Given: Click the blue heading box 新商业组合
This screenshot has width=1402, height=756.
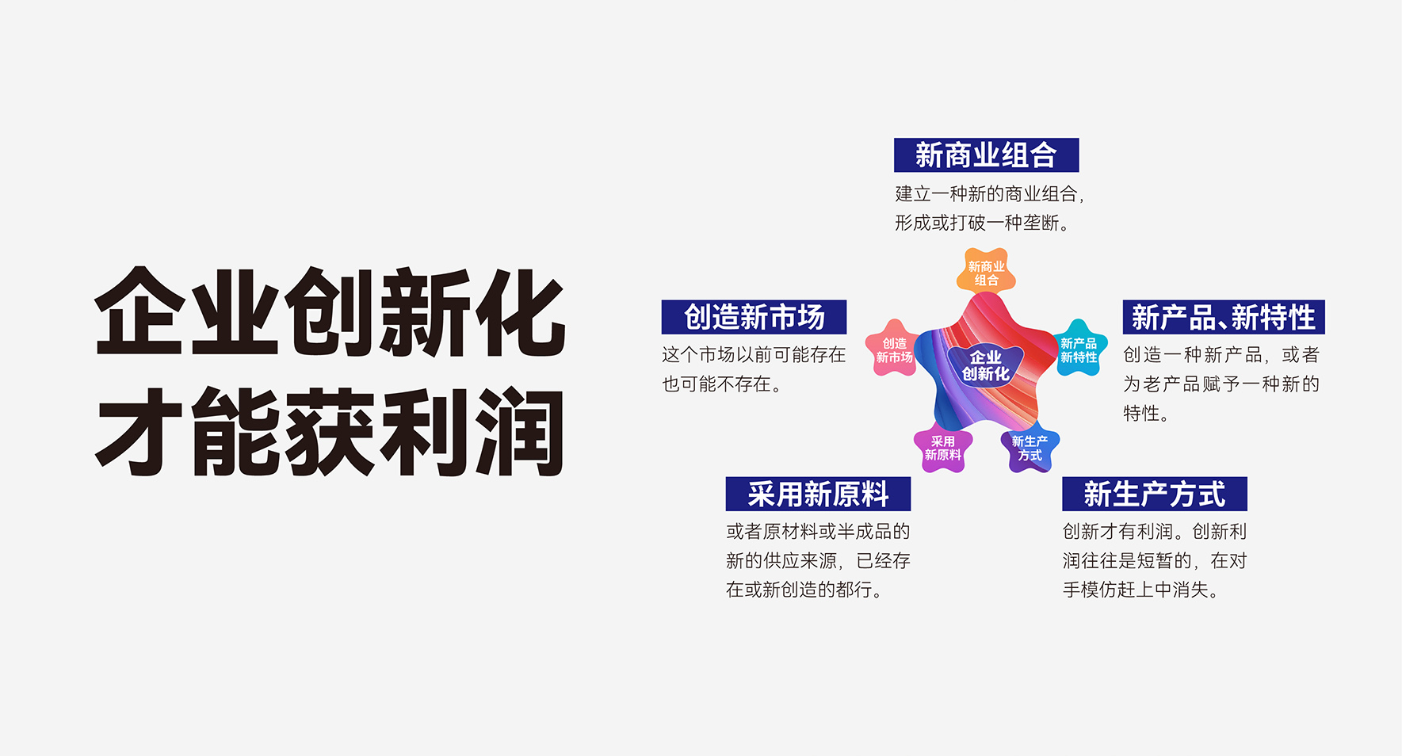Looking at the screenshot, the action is tap(986, 155).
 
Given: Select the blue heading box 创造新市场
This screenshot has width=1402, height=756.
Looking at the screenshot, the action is tap(754, 317).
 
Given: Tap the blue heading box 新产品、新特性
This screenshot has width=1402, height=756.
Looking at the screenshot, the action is tap(1224, 317).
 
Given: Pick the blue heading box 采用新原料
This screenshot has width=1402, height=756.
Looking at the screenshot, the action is tap(818, 494).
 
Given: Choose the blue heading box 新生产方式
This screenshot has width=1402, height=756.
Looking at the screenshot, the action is tap(1155, 494).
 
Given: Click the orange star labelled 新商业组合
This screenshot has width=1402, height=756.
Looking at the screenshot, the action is tap(986, 273).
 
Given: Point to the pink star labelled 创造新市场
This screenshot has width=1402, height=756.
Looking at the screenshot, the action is tap(894, 349).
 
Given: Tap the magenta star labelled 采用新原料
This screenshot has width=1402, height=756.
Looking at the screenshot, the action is tap(942, 449).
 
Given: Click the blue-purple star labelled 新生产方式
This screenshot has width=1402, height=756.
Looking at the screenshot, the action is tap(1030, 449).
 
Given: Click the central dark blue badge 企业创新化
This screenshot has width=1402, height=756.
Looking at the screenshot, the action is tap(986, 365).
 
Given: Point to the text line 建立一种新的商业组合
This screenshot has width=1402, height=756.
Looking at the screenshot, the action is tap(989, 194).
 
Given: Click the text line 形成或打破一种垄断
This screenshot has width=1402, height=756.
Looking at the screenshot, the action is tap(982, 223).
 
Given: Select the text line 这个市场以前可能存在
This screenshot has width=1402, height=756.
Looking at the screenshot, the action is tap(754, 355).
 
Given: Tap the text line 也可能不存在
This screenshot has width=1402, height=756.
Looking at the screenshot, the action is tap(722, 384).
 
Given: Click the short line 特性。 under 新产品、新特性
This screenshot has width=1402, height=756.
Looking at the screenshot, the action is tap(1146, 414).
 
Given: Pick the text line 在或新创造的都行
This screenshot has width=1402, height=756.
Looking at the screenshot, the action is tap(804, 590).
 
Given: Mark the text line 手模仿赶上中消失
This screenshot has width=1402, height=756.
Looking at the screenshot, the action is tap(1140, 590).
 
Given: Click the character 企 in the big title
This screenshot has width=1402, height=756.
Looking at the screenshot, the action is tap(141, 311).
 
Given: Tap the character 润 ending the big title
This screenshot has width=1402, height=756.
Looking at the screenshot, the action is tap(519, 432).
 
